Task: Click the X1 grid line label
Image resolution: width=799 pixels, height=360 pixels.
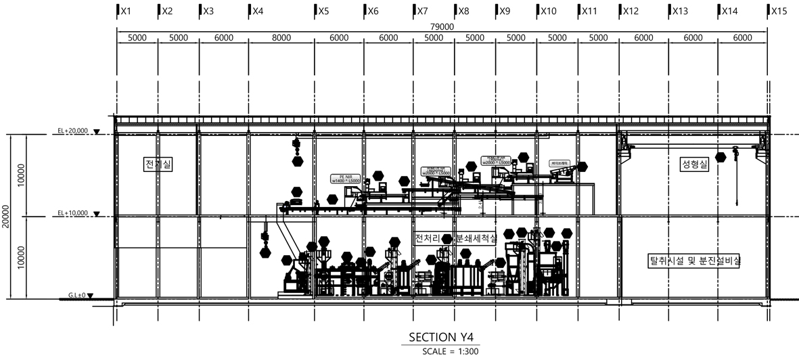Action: tap(124, 12)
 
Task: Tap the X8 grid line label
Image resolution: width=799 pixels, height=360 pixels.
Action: tap(463, 12)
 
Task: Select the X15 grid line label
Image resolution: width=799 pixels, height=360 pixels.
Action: tap(779, 12)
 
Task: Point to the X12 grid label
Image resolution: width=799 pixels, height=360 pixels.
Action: tap(631, 12)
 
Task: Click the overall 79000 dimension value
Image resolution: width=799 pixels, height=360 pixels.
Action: tap(442, 26)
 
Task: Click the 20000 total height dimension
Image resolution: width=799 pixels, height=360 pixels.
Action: tap(6, 217)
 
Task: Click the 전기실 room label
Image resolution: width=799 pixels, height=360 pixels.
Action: tap(158, 164)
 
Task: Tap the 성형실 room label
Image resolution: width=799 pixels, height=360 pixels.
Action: tap(695, 164)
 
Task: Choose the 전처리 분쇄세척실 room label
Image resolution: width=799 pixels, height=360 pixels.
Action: tap(455, 239)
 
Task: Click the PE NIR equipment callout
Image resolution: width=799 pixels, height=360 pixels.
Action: tap(343, 179)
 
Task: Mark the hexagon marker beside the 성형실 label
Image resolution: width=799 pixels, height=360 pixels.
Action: tap(721, 158)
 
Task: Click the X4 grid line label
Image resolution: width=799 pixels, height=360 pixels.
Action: tap(257, 12)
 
